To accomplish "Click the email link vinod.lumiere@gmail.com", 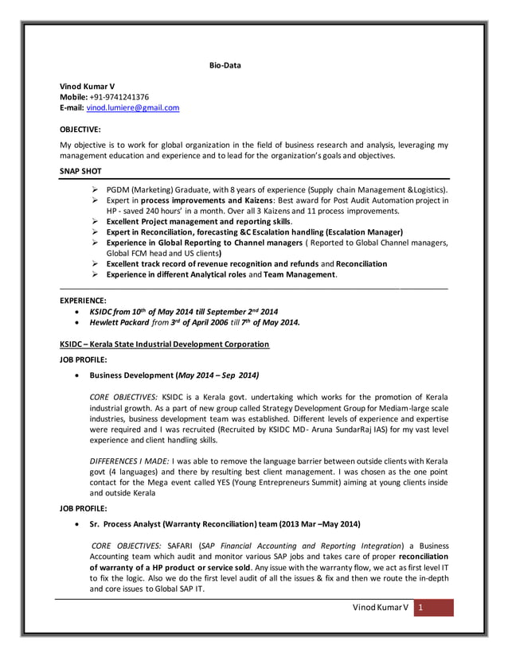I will coord(132,107).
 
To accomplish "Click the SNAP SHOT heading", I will coord(81,171).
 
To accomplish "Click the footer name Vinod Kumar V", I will coord(381,607).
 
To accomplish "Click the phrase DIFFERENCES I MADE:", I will coord(129,461).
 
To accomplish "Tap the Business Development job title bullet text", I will coord(174,375).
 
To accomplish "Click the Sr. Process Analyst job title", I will coord(225,524).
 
